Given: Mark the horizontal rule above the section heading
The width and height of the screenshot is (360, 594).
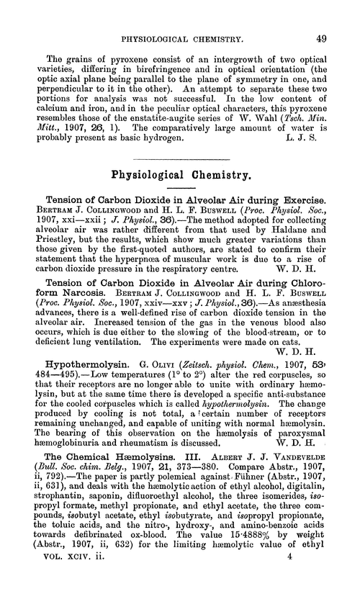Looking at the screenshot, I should [180, 175].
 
